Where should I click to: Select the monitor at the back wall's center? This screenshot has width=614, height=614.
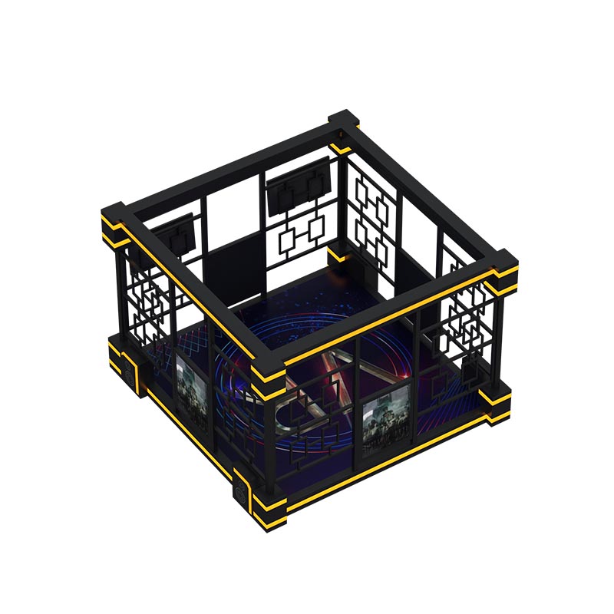298,184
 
